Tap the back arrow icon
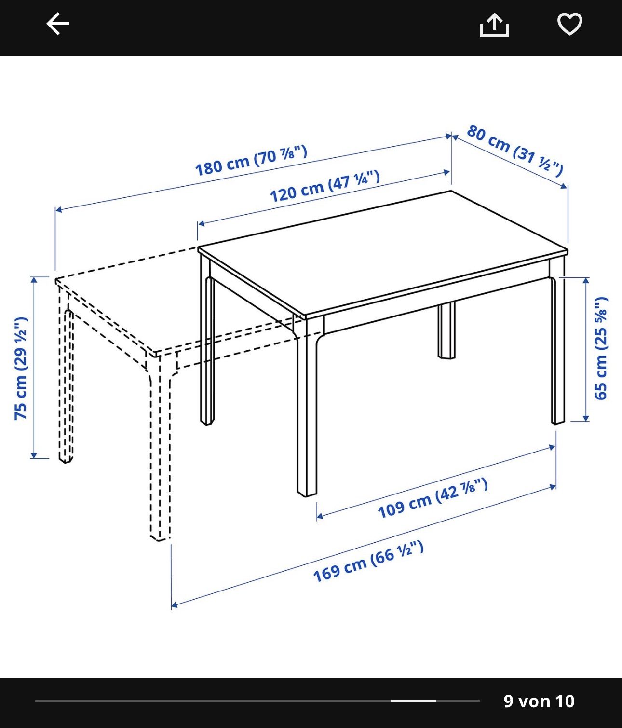pyautogui.click(x=58, y=24)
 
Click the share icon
pyautogui.click(x=495, y=25)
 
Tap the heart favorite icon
pyautogui.click(x=569, y=24)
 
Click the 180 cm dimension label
pyautogui.click(x=251, y=161)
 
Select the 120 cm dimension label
pyautogui.click(x=325, y=186)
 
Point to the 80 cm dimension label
pyautogui.click(x=515, y=151)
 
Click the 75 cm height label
pyautogui.click(x=21, y=369)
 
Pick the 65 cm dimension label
pyautogui.click(x=601, y=349)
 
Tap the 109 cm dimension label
pyautogui.click(x=433, y=498)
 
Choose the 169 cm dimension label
pyautogui.click(x=368, y=562)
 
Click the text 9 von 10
pyautogui.click(x=539, y=701)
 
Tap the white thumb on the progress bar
pyautogui.click(x=413, y=701)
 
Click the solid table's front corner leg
pyautogui.click(x=307, y=405)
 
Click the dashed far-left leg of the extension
pyautogui.click(x=66, y=373)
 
